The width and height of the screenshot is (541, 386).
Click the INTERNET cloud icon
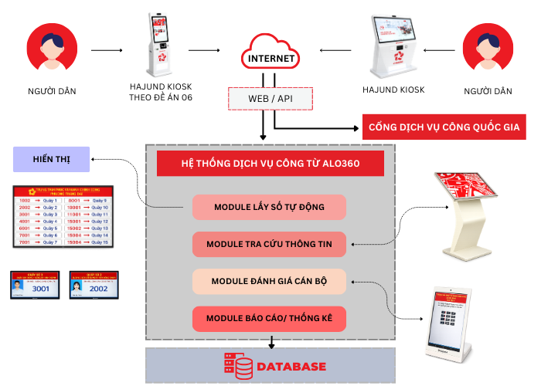point(270,53)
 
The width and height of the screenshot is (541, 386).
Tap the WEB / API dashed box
point(270,99)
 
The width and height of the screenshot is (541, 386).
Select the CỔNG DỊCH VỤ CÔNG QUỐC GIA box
point(444,126)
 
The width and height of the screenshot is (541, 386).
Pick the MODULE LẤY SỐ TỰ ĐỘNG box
point(269,207)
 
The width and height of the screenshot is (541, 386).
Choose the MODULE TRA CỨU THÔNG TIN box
point(269,245)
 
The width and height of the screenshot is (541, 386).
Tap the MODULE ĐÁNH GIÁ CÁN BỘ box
point(269,281)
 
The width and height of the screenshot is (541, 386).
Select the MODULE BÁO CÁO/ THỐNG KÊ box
point(269,318)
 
